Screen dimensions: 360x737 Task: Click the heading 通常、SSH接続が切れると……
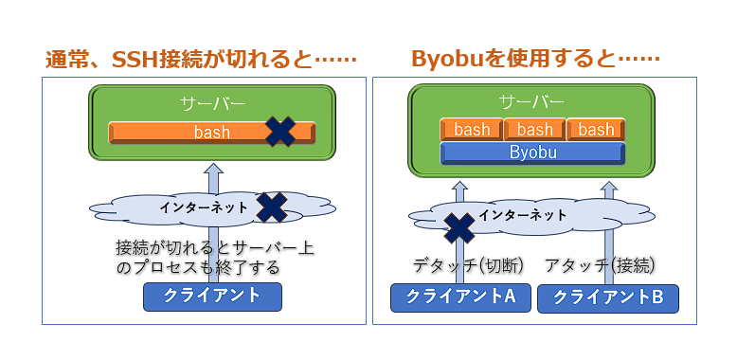point(202,59)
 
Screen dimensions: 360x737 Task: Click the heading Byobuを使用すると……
point(535,59)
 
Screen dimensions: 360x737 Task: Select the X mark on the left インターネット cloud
point(272,207)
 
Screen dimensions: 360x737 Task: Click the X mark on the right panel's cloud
point(459,227)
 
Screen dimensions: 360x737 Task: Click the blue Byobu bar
point(533,153)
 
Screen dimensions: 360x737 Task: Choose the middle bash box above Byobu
point(534,130)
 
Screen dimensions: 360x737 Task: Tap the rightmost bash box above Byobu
point(596,130)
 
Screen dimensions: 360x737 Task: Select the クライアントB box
point(608,297)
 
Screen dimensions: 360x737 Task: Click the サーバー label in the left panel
point(213,102)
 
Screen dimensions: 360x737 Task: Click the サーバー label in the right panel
point(533,101)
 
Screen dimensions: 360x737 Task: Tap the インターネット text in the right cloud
point(522,215)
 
